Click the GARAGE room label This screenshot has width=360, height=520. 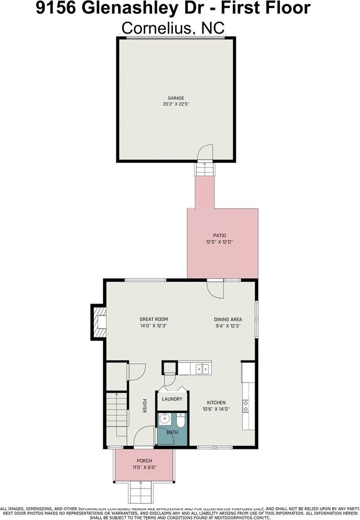click(x=176, y=98)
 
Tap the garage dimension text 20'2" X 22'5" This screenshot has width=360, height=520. click(x=176, y=104)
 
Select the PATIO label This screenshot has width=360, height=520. click(x=219, y=235)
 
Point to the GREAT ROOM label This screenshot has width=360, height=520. click(x=153, y=319)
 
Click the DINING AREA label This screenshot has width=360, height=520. click(x=228, y=319)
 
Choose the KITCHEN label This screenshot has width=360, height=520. click(x=216, y=403)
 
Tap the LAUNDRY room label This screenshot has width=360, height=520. click(x=172, y=399)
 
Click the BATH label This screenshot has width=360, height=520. click(x=173, y=432)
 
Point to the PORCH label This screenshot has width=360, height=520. click(x=145, y=461)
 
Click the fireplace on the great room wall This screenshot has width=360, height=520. click(x=99, y=322)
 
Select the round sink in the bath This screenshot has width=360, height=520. click(x=164, y=420)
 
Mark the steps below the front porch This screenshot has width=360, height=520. click(x=140, y=492)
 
